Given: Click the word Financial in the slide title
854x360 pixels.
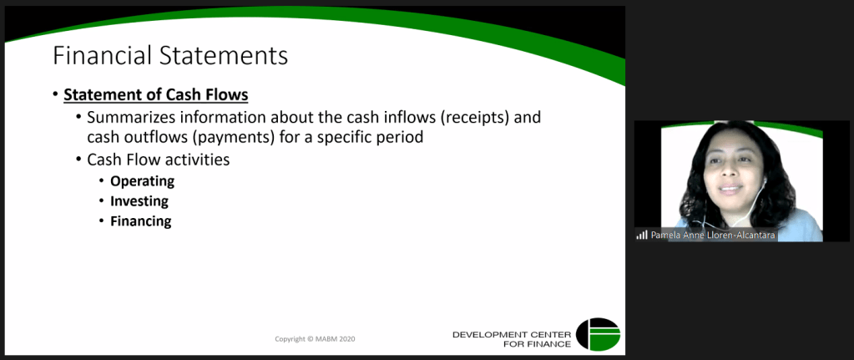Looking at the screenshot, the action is pyautogui.click(x=101, y=57).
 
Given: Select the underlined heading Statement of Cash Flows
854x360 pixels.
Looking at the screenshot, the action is pyautogui.click(x=156, y=95).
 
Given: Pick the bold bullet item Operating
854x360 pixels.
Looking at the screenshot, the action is pyautogui.click(x=142, y=181).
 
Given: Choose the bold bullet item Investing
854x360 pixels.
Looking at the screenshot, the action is pyautogui.click(x=139, y=201).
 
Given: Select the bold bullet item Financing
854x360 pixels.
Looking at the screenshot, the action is pyautogui.click(x=141, y=221).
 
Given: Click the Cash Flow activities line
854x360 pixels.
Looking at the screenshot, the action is pyautogui.click(x=158, y=160).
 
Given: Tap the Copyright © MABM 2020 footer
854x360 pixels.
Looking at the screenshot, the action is pyautogui.click(x=315, y=339).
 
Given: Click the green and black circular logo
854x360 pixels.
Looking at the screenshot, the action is pyautogui.click(x=598, y=334).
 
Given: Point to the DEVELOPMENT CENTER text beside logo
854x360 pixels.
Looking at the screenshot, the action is pyautogui.click(x=512, y=334).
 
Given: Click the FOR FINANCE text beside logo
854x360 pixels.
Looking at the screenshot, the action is pyautogui.click(x=537, y=344).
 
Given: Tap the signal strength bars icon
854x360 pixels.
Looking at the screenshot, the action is pyautogui.click(x=642, y=236).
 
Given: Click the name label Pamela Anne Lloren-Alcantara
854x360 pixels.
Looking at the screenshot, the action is pyautogui.click(x=713, y=236).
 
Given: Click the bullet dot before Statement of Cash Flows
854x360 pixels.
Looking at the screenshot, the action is pyautogui.click(x=55, y=94).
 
